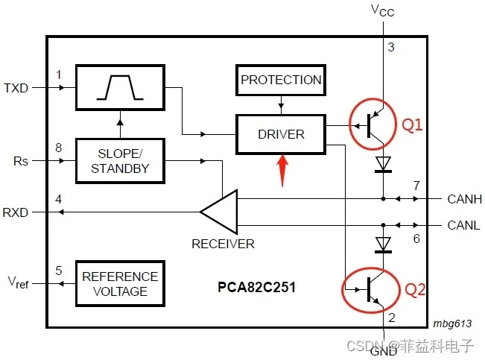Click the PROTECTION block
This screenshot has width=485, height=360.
(x=281, y=80)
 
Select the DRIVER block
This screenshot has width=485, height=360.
(x=281, y=134)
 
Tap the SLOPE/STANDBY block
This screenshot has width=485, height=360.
(x=120, y=161)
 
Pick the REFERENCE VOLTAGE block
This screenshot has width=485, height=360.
(x=120, y=283)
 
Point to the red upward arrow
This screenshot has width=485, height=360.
(x=282, y=171)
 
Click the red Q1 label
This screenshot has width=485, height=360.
(x=413, y=125)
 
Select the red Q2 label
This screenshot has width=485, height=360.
(x=414, y=289)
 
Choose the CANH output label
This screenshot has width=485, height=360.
(x=464, y=199)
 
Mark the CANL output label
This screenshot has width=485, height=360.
(x=463, y=224)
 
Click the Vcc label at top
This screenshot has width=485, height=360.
(x=382, y=10)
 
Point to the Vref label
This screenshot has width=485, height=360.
(x=19, y=282)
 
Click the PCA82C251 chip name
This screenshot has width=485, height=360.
(x=256, y=286)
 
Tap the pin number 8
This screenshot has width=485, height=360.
(x=60, y=148)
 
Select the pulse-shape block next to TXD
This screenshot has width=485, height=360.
(x=120, y=88)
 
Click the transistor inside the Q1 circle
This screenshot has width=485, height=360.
(x=375, y=126)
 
